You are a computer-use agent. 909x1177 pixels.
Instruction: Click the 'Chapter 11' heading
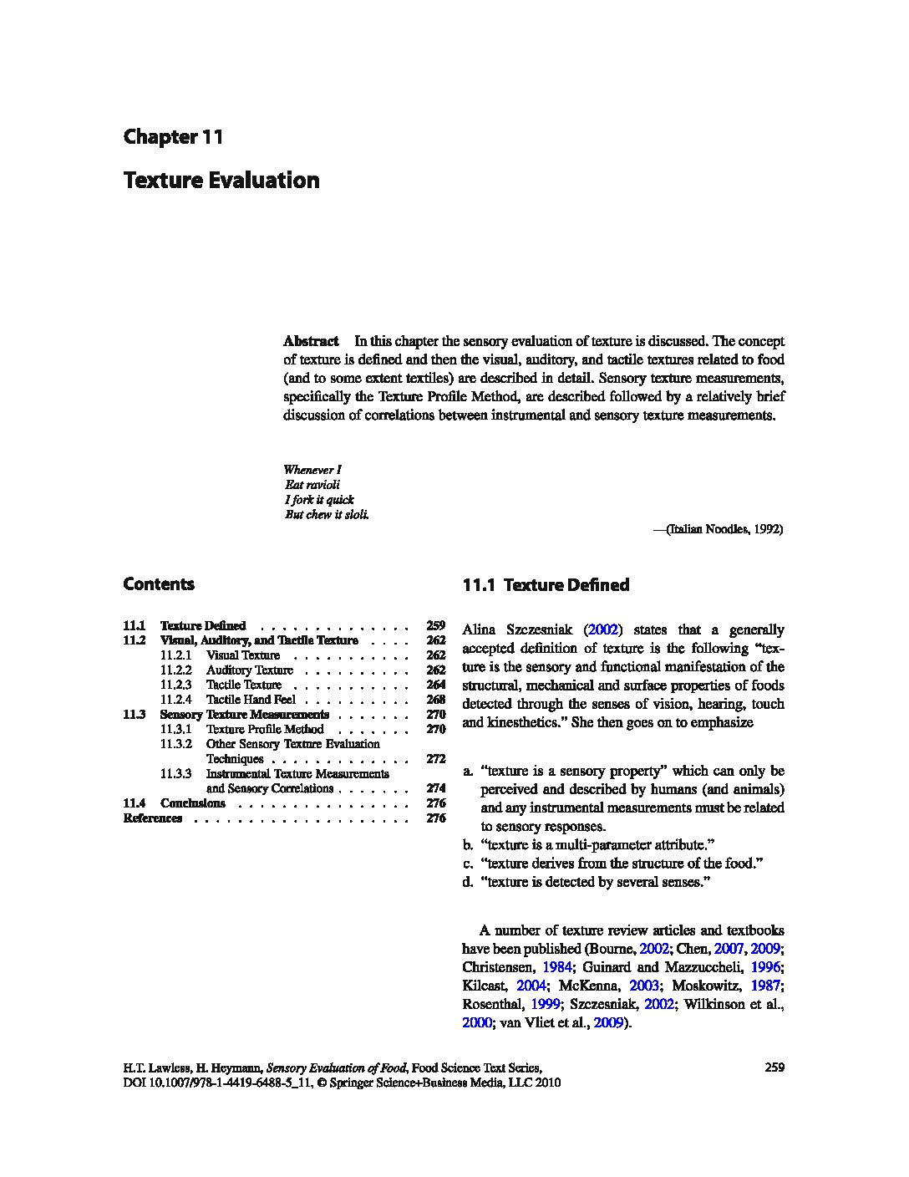pos(173,137)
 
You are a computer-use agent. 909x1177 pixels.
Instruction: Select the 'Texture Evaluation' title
pos(221,181)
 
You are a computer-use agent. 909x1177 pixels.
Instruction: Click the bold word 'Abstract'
pos(311,341)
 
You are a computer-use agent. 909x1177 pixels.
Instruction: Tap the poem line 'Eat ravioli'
pos(312,485)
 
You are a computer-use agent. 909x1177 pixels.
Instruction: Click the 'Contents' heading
pos(159,584)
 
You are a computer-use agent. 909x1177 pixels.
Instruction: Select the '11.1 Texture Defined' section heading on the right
pos(546,585)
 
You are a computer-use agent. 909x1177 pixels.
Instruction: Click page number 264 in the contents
pos(435,685)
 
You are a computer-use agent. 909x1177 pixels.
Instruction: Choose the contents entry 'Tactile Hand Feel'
pos(251,700)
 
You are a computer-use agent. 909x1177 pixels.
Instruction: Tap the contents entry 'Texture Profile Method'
pos(265,729)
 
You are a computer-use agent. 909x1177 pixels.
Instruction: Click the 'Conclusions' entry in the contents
pos(193,803)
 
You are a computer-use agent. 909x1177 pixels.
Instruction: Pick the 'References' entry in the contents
pos(153,818)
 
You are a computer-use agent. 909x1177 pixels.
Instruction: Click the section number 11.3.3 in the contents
pos(176,774)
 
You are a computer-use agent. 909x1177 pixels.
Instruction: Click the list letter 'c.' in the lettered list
pos(468,864)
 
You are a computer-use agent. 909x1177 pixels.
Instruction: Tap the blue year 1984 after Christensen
pos(556,967)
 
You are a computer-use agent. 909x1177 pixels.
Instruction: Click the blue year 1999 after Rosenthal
pos(546,1004)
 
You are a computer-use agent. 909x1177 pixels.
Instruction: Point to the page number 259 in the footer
pos(774,1067)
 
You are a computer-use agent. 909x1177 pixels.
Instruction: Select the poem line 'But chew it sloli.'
pos(327,515)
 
